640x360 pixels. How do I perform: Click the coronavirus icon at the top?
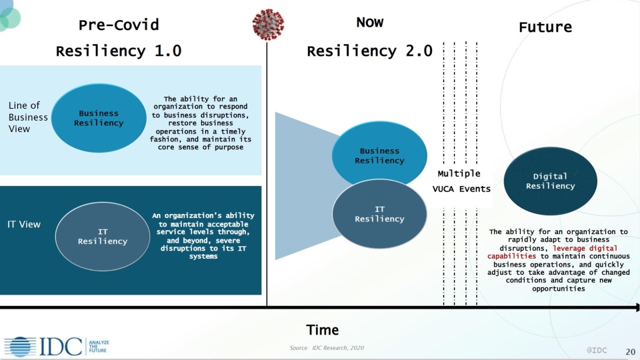pyautogui.click(x=268, y=25)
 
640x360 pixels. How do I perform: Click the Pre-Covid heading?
pyautogui.click(x=119, y=25)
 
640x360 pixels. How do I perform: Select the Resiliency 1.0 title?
pyautogui.click(x=119, y=51)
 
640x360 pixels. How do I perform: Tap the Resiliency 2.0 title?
pyautogui.click(x=369, y=51)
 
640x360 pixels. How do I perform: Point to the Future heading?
pyautogui.click(x=545, y=27)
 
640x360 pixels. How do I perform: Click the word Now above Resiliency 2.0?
pyautogui.click(x=369, y=23)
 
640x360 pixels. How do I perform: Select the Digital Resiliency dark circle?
pyautogui.click(x=550, y=181)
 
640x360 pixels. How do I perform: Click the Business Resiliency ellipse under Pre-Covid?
pyautogui.click(x=99, y=118)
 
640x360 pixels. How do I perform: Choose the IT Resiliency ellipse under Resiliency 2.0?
pyautogui.click(x=379, y=215)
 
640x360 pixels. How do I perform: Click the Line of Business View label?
pyautogui.click(x=28, y=117)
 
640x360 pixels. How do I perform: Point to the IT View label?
pyautogui.click(x=24, y=225)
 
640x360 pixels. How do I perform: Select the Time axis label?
pyautogui.click(x=323, y=330)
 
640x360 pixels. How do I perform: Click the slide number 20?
pyautogui.click(x=630, y=351)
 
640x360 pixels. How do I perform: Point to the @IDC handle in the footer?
pyautogui.click(x=597, y=350)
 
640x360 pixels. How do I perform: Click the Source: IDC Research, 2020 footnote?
pyautogui.click(x=327, y=348)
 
